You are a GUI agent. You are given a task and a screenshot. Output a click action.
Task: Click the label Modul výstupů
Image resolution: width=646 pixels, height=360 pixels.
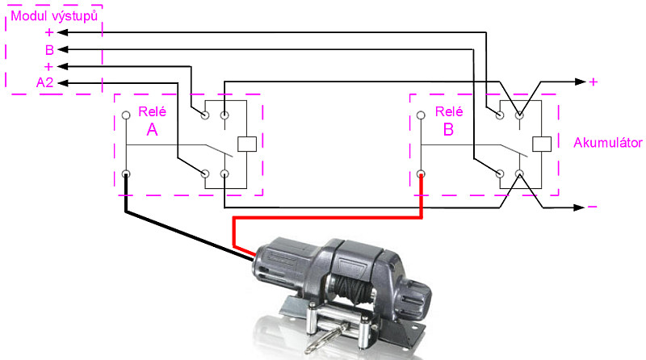pos(54,16)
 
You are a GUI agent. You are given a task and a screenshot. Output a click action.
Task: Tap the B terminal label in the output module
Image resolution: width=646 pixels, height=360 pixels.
pos(49,50)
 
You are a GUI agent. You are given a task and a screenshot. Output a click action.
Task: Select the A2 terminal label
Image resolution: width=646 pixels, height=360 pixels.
pos(45,83)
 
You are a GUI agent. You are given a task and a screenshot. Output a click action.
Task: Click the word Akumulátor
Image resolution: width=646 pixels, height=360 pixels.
pos(608,143)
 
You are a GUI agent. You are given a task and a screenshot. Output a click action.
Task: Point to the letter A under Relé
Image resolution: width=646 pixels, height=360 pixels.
pos(152,130)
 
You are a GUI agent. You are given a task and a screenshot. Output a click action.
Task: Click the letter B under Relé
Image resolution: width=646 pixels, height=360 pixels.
pos(448,130)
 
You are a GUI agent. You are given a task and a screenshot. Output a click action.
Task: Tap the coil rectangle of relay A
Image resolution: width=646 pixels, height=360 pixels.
pos(247,144)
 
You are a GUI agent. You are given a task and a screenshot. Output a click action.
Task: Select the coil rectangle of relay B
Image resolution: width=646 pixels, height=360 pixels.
pos(542,144)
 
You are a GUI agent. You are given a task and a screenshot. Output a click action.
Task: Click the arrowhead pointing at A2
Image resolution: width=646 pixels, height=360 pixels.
pos(63,83)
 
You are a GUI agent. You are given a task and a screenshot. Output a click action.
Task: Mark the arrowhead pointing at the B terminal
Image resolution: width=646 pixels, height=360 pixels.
pos(63,49)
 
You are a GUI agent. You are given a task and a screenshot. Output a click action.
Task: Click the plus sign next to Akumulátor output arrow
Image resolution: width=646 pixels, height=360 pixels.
pos(594,82)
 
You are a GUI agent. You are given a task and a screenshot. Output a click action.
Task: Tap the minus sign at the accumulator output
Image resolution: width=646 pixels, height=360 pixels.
pos(592,207)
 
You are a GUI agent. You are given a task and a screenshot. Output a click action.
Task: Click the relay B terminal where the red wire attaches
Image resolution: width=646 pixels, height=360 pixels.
pos(421,174)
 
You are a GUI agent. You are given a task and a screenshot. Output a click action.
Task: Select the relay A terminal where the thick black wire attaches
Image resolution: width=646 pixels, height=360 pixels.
pos(126,174)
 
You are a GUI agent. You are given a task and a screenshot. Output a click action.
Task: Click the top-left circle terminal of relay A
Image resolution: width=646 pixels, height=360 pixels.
pos(126,115)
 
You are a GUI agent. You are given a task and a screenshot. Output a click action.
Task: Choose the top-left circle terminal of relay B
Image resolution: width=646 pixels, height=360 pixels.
pos(421,115)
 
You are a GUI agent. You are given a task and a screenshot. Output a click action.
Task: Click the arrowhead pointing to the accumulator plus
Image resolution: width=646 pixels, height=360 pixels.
pos(580,82)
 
